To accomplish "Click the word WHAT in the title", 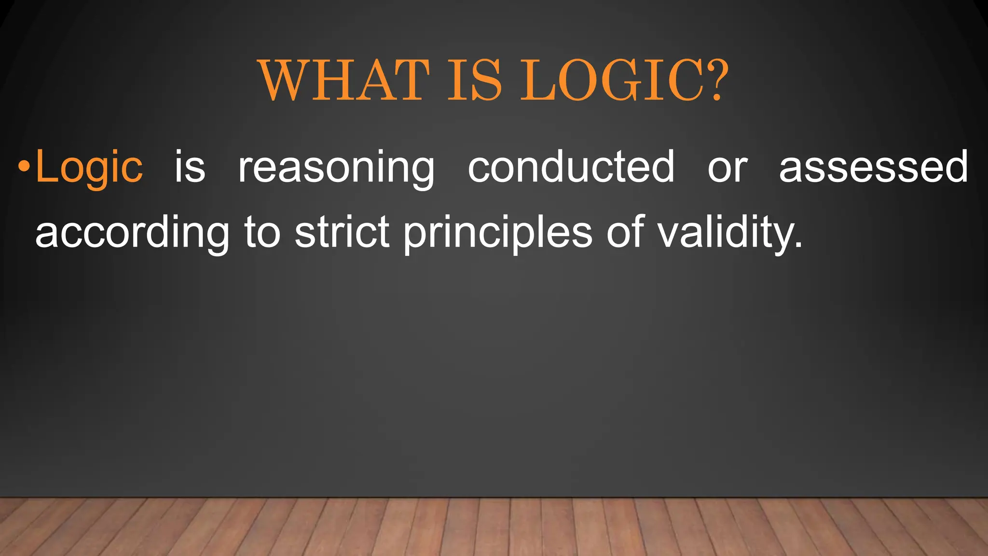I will (x=344, y=80).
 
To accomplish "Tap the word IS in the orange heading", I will (x=475, y=80).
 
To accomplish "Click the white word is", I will (x=190, y=167).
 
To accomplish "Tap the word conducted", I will (x=571, y=167).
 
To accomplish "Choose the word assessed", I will (x=873, y=167).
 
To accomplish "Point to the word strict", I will (x=342, y=232).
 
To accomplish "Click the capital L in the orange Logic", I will (x=46, y=167).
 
